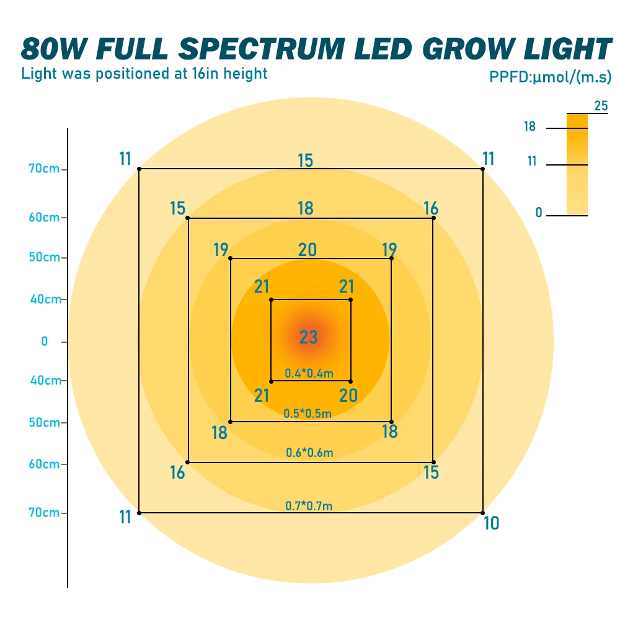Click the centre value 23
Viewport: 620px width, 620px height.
click(x=308, y=337)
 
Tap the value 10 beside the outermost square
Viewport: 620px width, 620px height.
click(x=491, y=524)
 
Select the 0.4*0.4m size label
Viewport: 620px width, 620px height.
click(x=309, y=373)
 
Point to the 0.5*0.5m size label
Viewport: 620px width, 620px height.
click(x=308, y=414)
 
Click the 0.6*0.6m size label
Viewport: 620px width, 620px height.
click(x=309, y=453)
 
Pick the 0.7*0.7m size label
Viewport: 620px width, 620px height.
click(x=309, y=506)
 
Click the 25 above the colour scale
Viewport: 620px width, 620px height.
click(x=601, y=106)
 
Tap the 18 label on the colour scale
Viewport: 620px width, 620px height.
click(x=529, y=127)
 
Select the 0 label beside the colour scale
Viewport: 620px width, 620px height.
click(x=539, y=213)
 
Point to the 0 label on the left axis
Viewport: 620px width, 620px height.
click(x=44, y=341)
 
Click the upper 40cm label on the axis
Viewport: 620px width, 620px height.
click(x=45, y=299)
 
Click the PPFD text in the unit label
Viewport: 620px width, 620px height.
click(x=507, y=77)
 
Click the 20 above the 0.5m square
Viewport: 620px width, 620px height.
click(x=307, y=250)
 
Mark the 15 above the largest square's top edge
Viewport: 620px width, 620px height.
click(x=305, y=161)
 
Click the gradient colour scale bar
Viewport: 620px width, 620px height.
click(x=577, y=164)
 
